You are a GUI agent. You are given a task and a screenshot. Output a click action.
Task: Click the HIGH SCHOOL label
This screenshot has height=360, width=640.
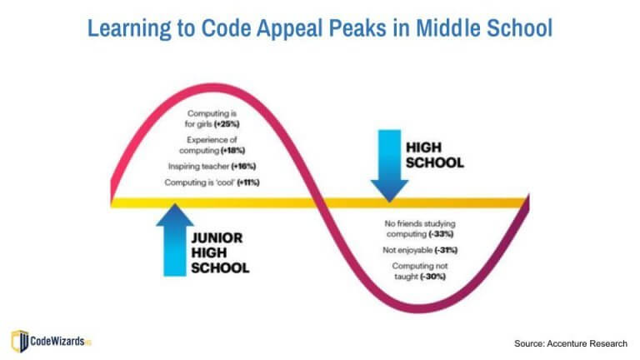pos(433,154)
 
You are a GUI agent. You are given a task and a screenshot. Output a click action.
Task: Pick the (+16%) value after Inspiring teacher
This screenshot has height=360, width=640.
pos(245,167)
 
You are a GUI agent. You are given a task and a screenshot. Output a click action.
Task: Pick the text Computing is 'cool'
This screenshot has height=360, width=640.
pos(201,182)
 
